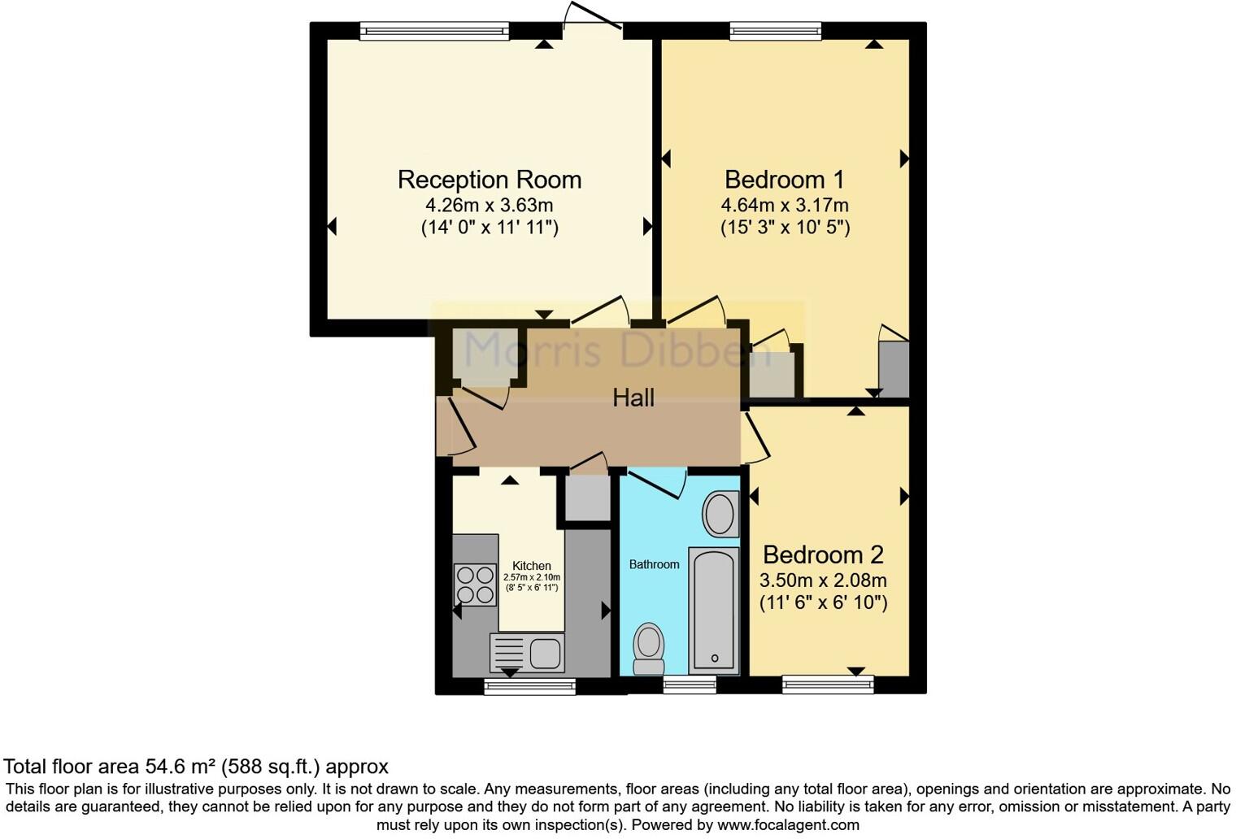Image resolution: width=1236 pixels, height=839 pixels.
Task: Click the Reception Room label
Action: click(490, 180)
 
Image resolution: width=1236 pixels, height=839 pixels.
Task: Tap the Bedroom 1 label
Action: click(784, 180)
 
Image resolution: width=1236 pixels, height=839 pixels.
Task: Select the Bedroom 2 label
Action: click(823, 555)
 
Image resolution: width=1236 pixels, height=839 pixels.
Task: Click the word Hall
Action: click(633, 398)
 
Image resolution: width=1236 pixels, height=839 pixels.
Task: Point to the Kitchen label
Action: click(531, 566)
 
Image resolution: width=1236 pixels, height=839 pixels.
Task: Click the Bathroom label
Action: click(654, 564)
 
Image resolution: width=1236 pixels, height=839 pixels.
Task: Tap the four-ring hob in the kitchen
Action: click(475, 585)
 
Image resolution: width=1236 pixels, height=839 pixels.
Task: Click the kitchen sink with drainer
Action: click(527, 653)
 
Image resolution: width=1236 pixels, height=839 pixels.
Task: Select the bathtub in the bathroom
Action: click(713, 611)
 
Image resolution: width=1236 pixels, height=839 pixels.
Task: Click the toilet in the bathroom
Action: click(648, 650)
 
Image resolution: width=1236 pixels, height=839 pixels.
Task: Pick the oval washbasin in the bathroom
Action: click(720, 514)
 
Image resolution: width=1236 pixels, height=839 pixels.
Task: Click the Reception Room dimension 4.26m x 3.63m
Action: click(489, 205)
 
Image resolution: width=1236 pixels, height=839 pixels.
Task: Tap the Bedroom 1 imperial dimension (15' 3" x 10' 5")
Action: click(786, 228)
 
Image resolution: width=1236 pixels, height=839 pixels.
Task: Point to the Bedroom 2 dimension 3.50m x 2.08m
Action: click(823, 580)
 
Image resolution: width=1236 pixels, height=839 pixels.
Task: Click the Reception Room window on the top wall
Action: click(434, 31)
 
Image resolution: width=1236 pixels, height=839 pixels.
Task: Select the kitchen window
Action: click(529, 686)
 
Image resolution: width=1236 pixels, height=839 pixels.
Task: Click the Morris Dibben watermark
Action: click(617, 350)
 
